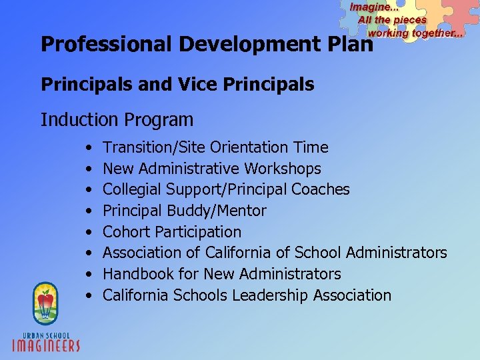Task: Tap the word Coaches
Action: click(x=321, y=190)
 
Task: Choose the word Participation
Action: click(x=198, y=232)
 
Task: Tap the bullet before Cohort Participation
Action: click(x=89, y=233)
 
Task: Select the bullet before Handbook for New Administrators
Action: click(x=89, y=275)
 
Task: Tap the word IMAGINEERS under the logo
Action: click(x=46, y=345)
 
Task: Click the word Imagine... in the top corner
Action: click(x=372, y=7)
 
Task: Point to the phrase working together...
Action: click(x=415, y=33)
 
